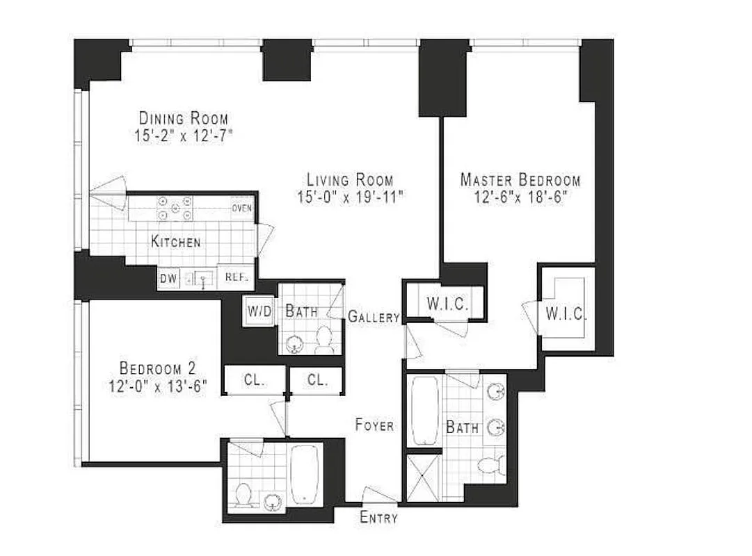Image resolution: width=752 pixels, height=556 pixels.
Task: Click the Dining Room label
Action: [183, 117]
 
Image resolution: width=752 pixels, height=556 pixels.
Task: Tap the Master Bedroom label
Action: [520, 180]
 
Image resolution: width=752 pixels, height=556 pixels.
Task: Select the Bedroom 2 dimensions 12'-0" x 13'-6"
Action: [158, 386]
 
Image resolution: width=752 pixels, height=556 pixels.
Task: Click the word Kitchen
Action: [176, 242]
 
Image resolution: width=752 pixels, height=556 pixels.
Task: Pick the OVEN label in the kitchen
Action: [241, 208]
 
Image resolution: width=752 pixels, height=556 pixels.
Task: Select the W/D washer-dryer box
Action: [255, 311]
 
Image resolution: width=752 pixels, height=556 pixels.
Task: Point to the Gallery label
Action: [374, 318]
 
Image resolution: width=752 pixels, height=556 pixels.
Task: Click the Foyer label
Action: [374, 425]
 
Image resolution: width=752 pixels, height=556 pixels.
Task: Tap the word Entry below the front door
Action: [378, 518]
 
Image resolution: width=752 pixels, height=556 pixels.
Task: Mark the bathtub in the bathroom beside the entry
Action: [305, 474]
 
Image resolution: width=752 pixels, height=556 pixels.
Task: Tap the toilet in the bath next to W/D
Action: [323, 341]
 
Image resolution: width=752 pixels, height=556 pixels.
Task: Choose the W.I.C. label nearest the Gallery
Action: [445, 304]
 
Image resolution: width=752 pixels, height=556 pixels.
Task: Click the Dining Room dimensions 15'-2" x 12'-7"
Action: [183, 136]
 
